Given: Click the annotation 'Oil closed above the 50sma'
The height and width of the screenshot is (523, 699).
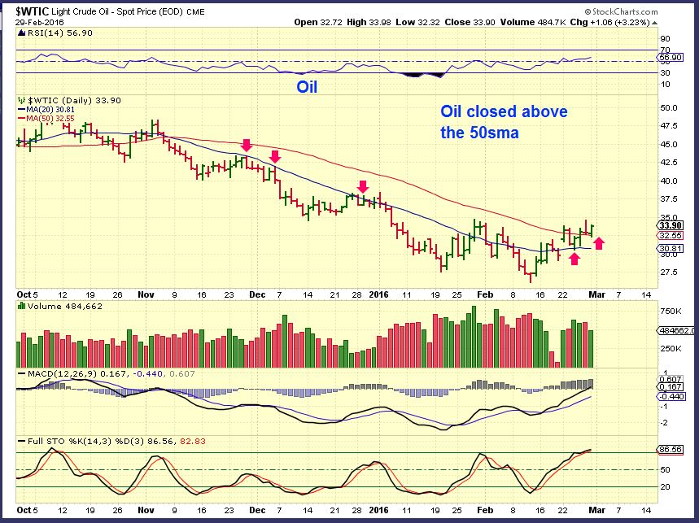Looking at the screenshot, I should click(504, 121).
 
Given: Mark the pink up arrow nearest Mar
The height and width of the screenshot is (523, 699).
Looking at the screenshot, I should click(598, 242).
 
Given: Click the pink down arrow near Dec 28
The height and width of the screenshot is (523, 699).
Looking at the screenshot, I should click(363, 186).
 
